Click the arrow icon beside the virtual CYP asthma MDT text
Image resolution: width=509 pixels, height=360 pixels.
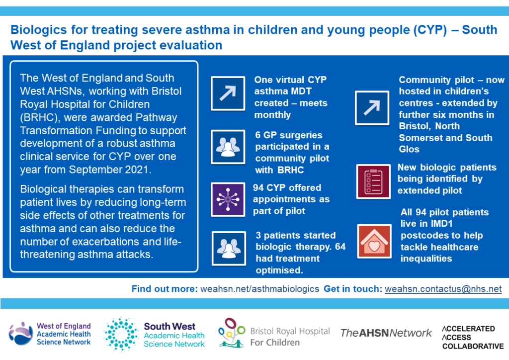228,93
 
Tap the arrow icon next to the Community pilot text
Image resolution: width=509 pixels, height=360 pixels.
372,108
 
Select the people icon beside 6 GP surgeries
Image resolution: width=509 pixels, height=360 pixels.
228,147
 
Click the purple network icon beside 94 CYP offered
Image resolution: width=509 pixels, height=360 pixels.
228,199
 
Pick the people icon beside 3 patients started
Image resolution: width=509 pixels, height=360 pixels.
229,248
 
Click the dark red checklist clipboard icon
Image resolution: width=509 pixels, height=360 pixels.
373,181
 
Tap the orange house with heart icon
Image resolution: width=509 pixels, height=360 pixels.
374,241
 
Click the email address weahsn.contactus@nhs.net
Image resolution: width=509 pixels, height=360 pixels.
443,288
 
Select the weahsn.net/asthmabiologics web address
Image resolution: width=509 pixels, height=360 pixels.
259,288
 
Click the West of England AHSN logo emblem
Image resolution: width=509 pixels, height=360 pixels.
20,333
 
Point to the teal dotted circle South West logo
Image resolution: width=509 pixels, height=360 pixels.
121,334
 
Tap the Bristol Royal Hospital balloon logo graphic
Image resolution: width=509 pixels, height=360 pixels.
231,333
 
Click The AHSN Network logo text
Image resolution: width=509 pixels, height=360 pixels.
386,333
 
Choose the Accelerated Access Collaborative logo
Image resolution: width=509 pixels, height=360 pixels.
473,338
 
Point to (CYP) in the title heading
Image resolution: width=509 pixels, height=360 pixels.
430,30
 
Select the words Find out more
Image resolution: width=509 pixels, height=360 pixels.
165,288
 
